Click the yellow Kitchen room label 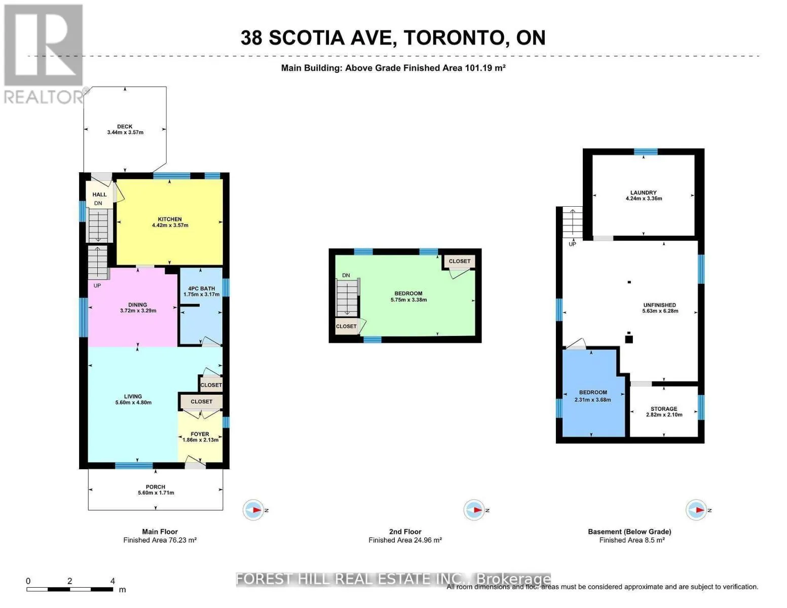(x=170, y=219)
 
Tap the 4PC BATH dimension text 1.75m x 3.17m (x=201, y=294)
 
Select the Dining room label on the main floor (x=138, y=305)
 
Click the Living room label (x=133, y=397)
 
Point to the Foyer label (x=200, y=434)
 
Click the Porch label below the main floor (x=156, y=487)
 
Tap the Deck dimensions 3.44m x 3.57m (x=125, y=133)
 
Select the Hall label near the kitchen (x=99, y=195)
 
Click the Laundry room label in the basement (x=644, y=193)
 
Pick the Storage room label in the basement (x=664, y=409)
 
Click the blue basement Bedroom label (x=593, y=393)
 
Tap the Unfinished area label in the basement (x=660, y=305)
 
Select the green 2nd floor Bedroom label (x=408, y=293)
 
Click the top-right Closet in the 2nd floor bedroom (x=460, y=261)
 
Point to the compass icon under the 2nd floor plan (x=474, y=510)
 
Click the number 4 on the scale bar (x=113, y=581)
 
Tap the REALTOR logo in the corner (x=44, y=53)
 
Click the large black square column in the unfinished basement (x=629, y=339)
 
